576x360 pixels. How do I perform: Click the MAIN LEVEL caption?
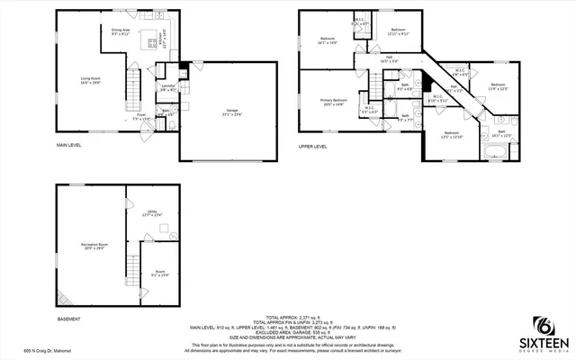tap(69, 145)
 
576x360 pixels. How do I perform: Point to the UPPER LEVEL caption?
tap(313, 146)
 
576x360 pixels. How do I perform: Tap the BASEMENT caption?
tap(68, 319)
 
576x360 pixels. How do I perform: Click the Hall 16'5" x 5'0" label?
tap(389, 61)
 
